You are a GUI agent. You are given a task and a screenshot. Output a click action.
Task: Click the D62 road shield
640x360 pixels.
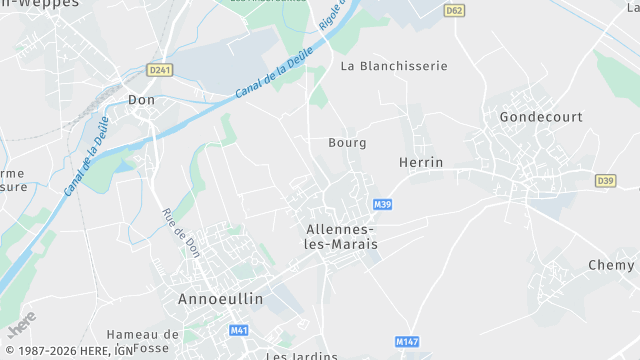pyautogui.click(x=456, y=11)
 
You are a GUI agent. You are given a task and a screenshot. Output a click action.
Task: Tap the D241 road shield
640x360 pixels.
pyautogui.click(x=159, y=70)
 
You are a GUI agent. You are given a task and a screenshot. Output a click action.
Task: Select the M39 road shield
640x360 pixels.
pyautogui.click(x=380, y=204)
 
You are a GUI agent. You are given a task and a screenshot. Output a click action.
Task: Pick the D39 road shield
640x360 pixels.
pyautogui.click(x=605, y=181)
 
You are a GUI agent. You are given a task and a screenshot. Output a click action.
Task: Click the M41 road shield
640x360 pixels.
pyautogui.click(x=238, y=330)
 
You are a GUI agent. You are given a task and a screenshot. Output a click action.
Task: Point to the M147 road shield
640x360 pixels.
pyautogui.click(x=406, y=341)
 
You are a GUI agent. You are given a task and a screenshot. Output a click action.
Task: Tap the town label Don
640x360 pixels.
pyautogui.click(x=140, y=100)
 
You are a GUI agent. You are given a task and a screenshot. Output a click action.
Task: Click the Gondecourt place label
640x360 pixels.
pyautogui.click(x=541, y=117)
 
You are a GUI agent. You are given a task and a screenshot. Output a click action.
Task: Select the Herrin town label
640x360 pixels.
pyautogui.click(x=420, y=162)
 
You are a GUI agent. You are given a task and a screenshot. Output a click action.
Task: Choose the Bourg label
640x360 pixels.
pyautogui.click(x=347, y=143)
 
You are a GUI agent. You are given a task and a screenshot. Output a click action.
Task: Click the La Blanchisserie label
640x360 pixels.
pyautogui.click(x=394, y=66)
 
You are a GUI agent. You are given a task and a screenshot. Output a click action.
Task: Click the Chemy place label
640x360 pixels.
pyautogui.click(x=611, y=265)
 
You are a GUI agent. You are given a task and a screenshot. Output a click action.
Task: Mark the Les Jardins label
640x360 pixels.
pyautogui.click(x=302, y=355)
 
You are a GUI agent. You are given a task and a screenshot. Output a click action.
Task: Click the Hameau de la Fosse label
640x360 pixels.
pyautogui.click(x=143, y=341)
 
